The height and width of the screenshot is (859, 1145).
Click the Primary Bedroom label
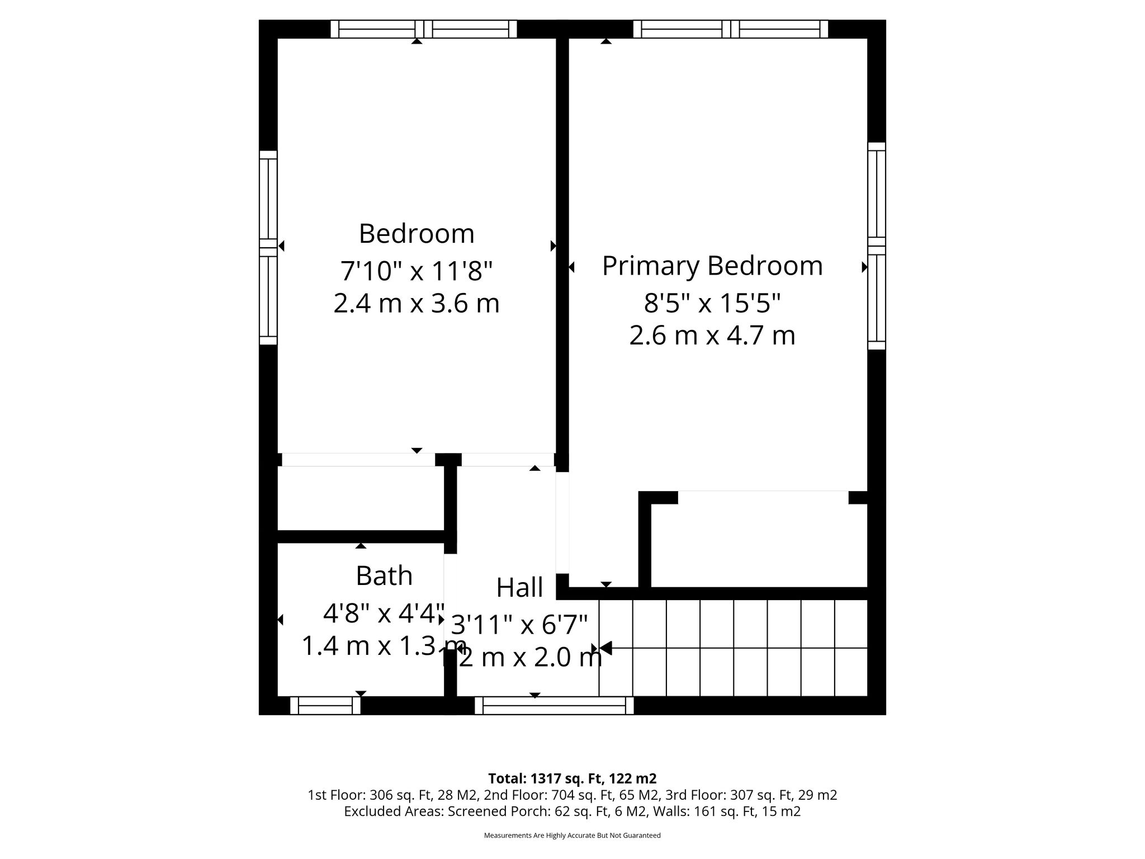click(712, 266)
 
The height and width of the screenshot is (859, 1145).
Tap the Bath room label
click(384, 575)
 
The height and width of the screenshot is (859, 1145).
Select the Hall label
click(519, 588)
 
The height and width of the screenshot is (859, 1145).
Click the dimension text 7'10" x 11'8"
click(417, 271)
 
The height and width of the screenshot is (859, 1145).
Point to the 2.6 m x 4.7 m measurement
click(712, 336)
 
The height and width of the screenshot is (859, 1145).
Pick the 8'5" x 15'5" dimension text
click(712, 304)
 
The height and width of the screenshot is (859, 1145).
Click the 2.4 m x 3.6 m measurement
click(417, 304)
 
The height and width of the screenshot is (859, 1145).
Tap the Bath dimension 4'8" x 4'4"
click(384, 613)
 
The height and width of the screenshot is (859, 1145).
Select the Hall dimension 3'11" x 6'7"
click(519, 625)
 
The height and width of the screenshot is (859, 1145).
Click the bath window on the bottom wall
click(325, 706)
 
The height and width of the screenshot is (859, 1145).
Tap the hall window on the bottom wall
click(554, 706)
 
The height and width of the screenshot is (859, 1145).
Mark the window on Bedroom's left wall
click(268, 248)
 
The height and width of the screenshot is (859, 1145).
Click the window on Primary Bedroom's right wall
click(877, 246)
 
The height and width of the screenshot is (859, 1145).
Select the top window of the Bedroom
click(423, 29)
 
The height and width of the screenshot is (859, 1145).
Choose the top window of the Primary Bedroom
click(731, 29)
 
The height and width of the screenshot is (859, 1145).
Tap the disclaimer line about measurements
click(572, 836)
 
